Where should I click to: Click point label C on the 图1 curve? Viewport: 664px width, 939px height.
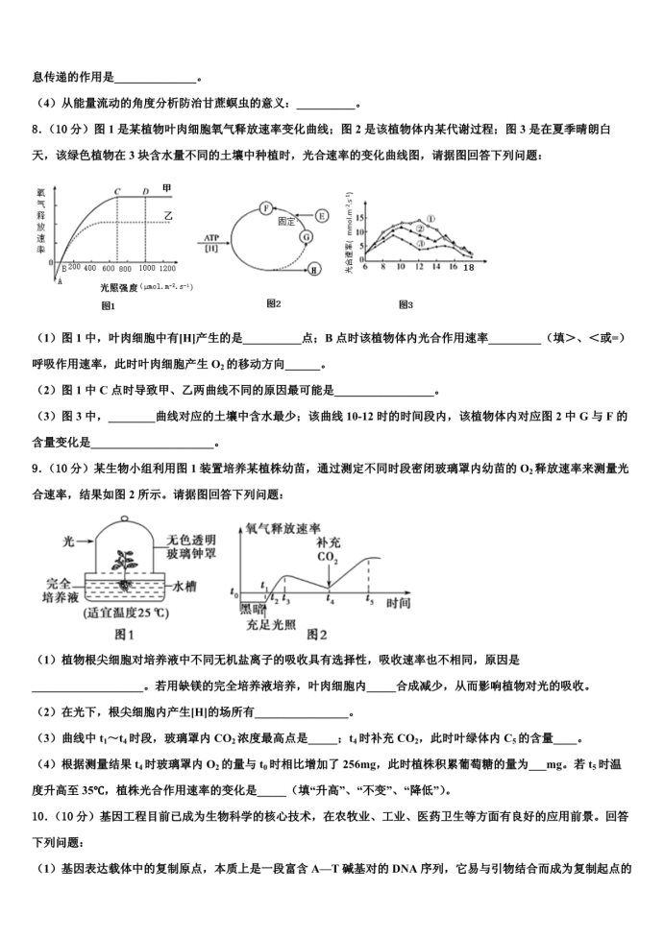click(117, 191)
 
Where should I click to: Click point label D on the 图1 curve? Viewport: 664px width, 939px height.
click(146, 191)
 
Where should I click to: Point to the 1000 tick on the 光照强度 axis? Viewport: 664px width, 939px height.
click(145, 269)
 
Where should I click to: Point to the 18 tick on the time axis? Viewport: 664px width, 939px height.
click(469, 270)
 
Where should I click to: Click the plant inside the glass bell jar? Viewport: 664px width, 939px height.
click(125, 563)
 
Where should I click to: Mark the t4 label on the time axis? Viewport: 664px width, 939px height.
click(331, 599)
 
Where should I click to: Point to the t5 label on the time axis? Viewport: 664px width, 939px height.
click(370, 599)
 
